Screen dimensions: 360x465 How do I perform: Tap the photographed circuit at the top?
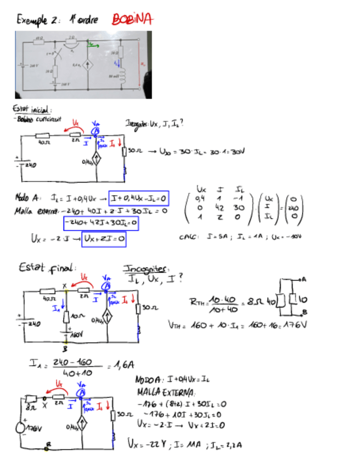coord(83,65)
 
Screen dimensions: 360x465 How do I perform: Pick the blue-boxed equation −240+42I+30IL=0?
coord(100,223)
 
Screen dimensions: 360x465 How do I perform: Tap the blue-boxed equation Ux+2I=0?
coord(104,239)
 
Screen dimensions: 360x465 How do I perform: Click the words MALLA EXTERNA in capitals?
coord(162,392)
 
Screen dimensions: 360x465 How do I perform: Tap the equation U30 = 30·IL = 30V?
coord(185,149)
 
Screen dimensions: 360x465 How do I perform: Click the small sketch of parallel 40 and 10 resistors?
coord(292,298)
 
